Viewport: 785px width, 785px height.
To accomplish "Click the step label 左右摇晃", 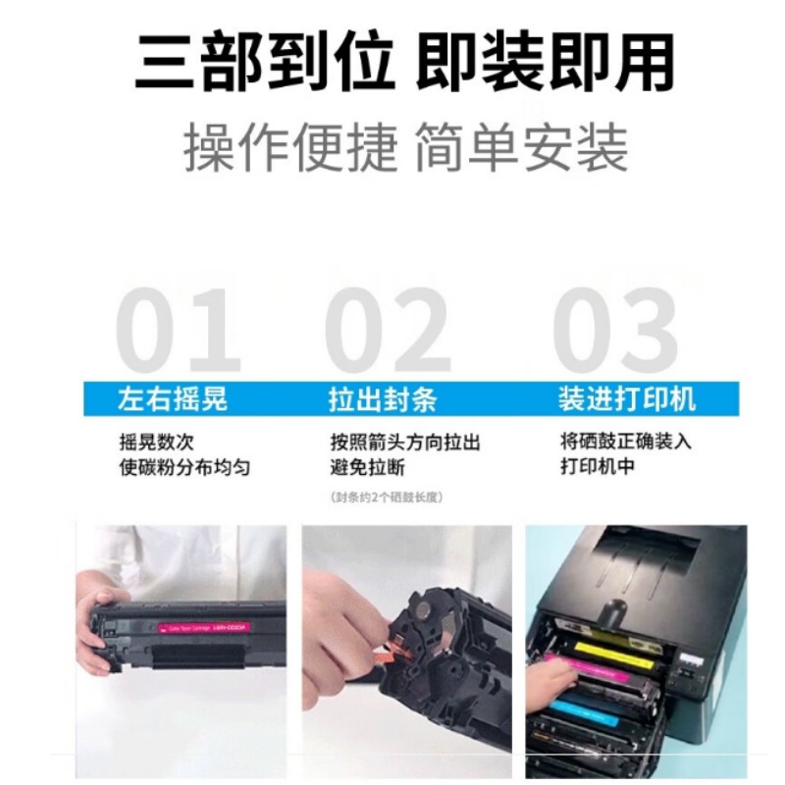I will [x=173, y=399].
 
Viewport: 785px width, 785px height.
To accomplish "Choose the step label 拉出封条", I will [x=383, y=399].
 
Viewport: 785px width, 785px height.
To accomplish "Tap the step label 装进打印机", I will [x=627, y=398].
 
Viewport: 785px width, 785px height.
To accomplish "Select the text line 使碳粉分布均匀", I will [x=183, y=467].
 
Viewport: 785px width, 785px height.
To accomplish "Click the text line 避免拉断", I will [x=368, y=467].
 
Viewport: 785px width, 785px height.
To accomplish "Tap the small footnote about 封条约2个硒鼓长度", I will [x=389, y=497].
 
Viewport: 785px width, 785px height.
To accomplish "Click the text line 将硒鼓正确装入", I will [x=625, y=441].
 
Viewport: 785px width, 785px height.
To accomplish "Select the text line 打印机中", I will [x=597, y=466].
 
